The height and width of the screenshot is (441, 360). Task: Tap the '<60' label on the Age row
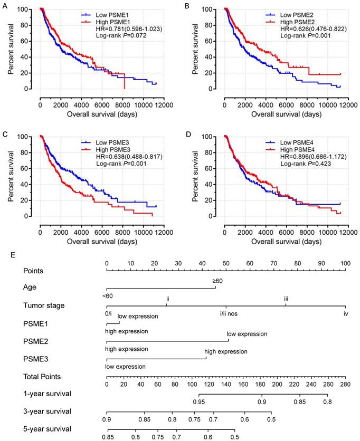pyautogui.click(x=109, y=295)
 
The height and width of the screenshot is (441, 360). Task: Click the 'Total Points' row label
pyautogui.click(x=42, y=377)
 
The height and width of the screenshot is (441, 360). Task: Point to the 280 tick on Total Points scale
pyautogui.click(x=345, y=385)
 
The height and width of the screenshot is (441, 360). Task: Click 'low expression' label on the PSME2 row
pyautogui.click(x=247, y=334)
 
